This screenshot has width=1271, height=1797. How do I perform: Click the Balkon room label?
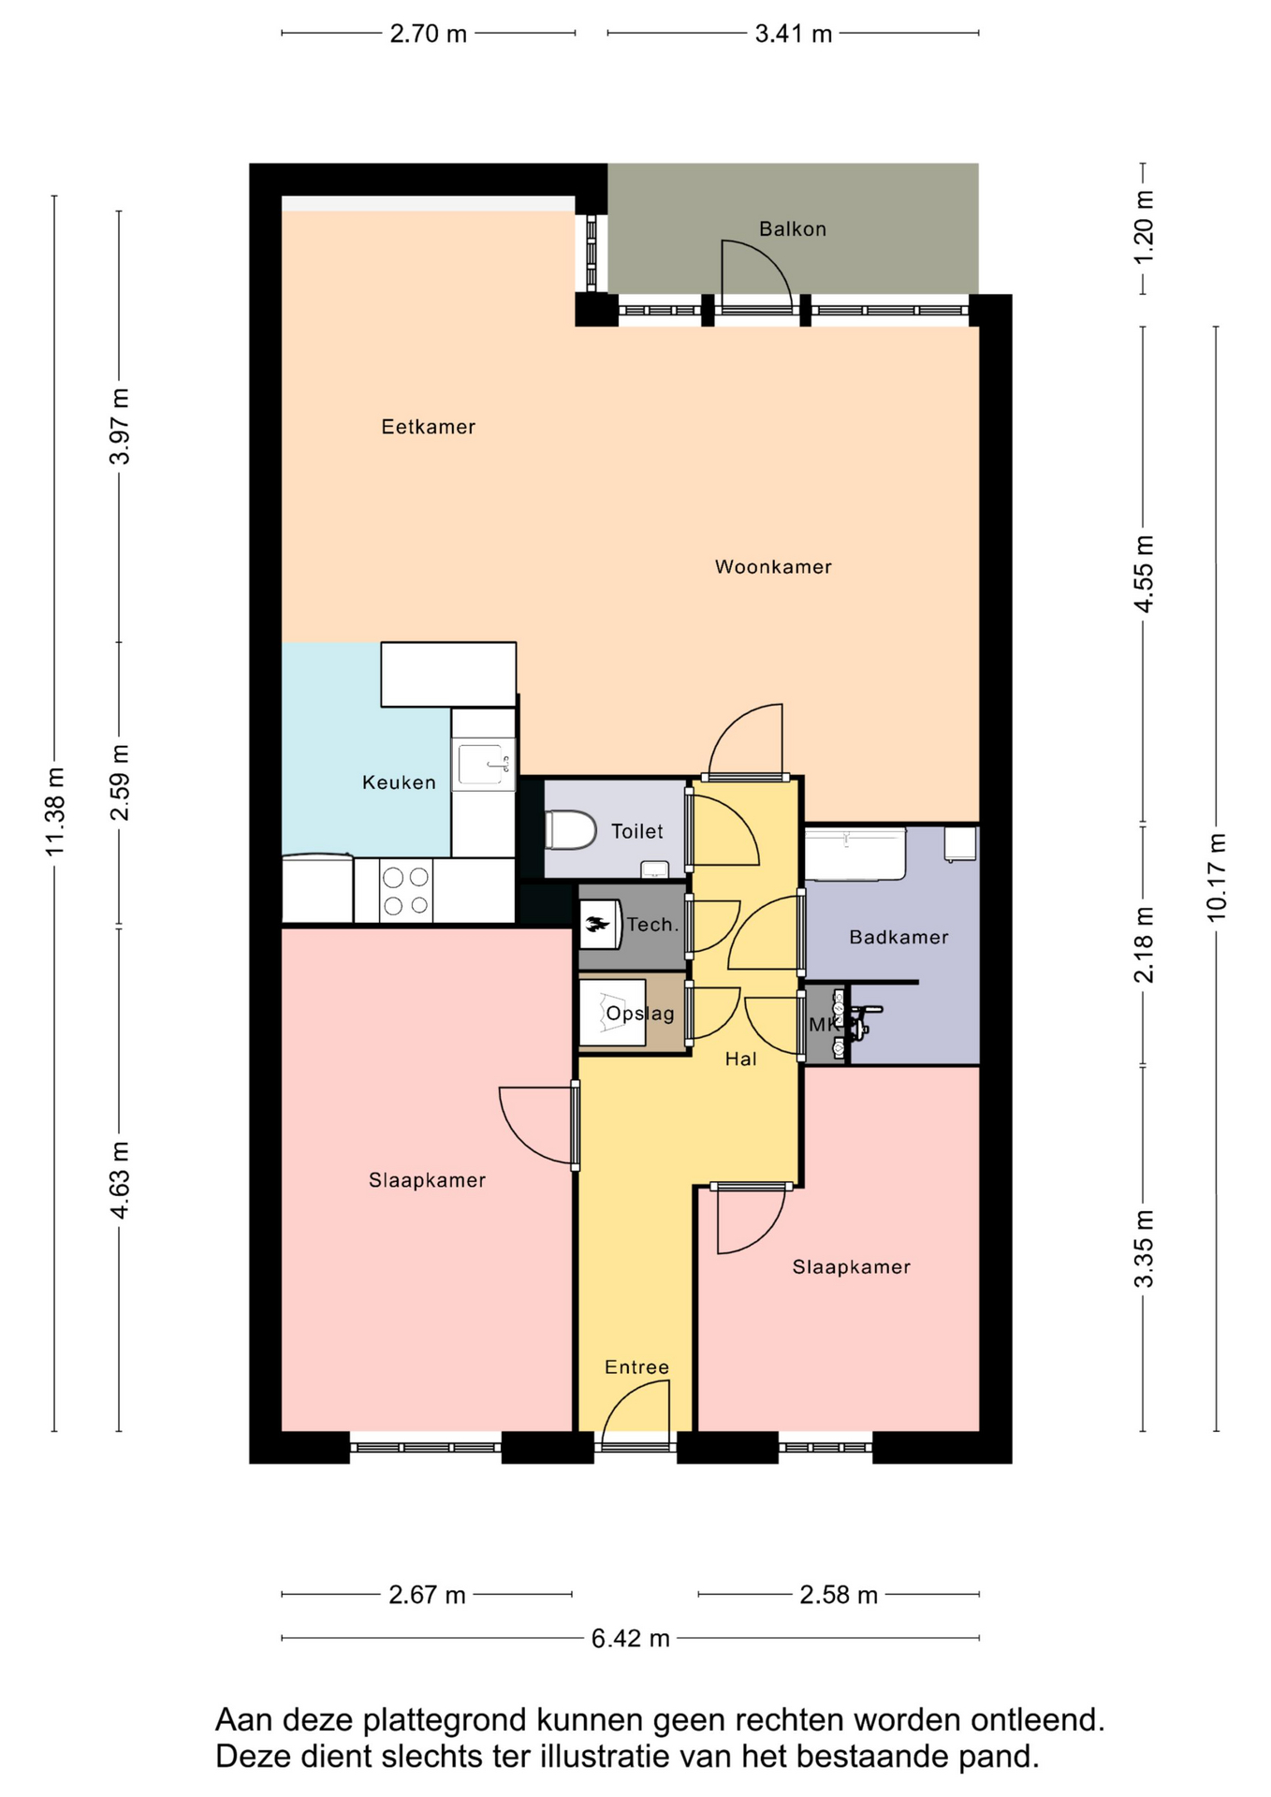tap(793, 229)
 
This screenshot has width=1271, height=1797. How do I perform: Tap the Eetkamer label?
tap(429, 427)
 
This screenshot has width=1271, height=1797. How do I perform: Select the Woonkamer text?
tap(773, 566)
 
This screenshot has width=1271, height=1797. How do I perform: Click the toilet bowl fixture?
tap(571, 830)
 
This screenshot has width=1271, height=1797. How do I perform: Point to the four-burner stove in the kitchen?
tap(406, 891)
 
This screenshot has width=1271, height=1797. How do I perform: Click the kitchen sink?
tap(484, 765)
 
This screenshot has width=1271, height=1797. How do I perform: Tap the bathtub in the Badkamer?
tap(855, 854)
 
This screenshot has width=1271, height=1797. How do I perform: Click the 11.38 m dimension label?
tap(55, 811)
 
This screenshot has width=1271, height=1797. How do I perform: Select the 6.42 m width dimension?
tap(631, 1638)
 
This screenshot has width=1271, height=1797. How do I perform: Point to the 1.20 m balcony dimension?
tap(1144, 228)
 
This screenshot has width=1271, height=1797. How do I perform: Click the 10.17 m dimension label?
tap(1217, 877)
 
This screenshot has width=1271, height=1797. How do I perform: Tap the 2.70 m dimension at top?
tap(429, 34)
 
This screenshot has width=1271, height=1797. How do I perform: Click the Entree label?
tap(637, 1367)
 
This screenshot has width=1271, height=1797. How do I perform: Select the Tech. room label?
tap(653, 925)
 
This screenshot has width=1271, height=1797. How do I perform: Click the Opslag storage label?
tap(640, 1014)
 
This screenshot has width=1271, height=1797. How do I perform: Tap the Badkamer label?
tap(898, 937)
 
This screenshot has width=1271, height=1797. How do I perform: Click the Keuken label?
tap(400, 782)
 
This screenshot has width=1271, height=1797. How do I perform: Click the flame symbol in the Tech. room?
tap(597, 926)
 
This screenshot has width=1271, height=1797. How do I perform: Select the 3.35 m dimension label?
tap(1144, 1249)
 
